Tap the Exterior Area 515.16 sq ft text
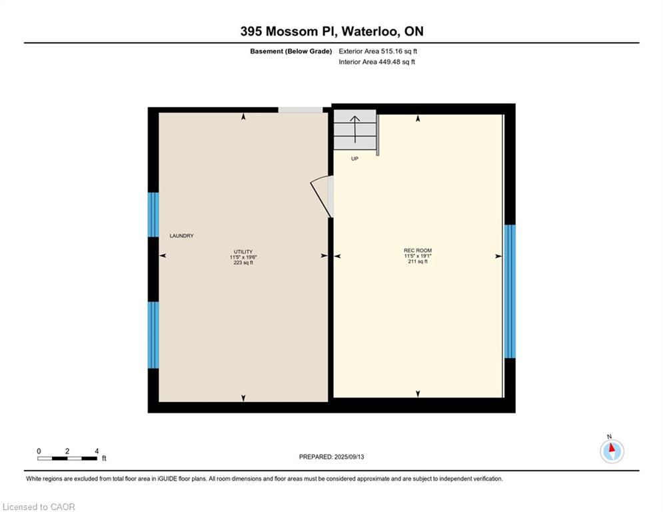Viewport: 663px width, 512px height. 378,51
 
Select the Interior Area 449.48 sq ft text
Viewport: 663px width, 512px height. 376,62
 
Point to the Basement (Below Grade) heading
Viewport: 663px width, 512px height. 291,51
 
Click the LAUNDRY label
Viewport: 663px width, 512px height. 181,236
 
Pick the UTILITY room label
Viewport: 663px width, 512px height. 243,252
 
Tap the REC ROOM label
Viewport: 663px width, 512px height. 418,251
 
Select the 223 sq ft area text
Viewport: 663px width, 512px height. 243,263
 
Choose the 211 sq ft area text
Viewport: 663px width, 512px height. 418,261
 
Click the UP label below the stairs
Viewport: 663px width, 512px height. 354,159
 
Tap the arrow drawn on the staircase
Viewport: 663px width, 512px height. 354,129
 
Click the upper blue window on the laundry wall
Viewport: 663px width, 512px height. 153,215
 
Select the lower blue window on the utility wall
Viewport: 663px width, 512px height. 153,335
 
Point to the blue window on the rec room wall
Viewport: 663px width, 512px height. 510,291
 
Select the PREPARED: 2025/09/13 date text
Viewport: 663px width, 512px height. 332,457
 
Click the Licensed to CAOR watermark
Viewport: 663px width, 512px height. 39,507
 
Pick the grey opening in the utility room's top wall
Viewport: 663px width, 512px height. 301,110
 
